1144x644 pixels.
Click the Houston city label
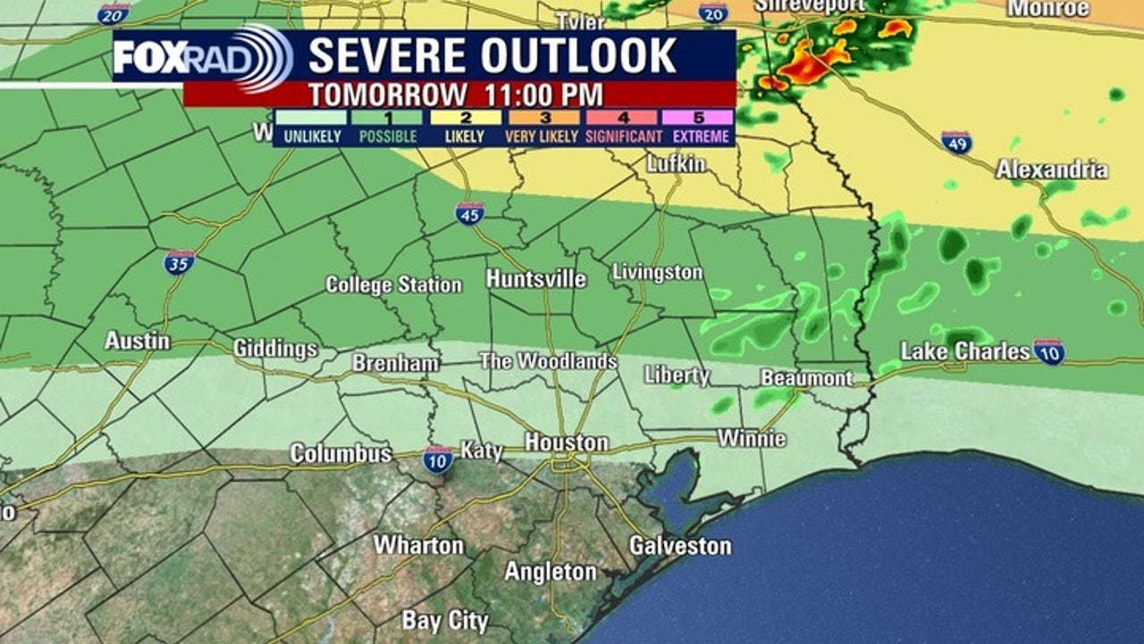[x=566, y=442]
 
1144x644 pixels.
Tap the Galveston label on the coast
[x=679, y=545]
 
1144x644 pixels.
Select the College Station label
[x=393, y=284]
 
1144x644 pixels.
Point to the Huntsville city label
[x=536, y=279]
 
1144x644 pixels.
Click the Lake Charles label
[x=965, y=352]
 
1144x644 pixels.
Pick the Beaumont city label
[x=806, y=377]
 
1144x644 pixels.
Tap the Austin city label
[x=137, y=340]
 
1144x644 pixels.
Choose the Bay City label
[x=445, y=620]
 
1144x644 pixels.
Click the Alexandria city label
[x=1052, y=169]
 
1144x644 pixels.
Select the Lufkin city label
[x=676, y=164]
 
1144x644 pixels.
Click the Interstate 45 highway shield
[x=469, y=214]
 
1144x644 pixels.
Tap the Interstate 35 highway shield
[x=179, y=261]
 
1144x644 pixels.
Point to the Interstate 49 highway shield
[x=956, y=142]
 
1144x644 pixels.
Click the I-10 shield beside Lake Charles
[x=1049, y=352]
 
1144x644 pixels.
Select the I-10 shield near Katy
[x=438, y=458]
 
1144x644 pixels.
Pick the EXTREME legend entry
[x=698, y=137]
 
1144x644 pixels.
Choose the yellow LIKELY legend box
[x=465, y=117]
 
